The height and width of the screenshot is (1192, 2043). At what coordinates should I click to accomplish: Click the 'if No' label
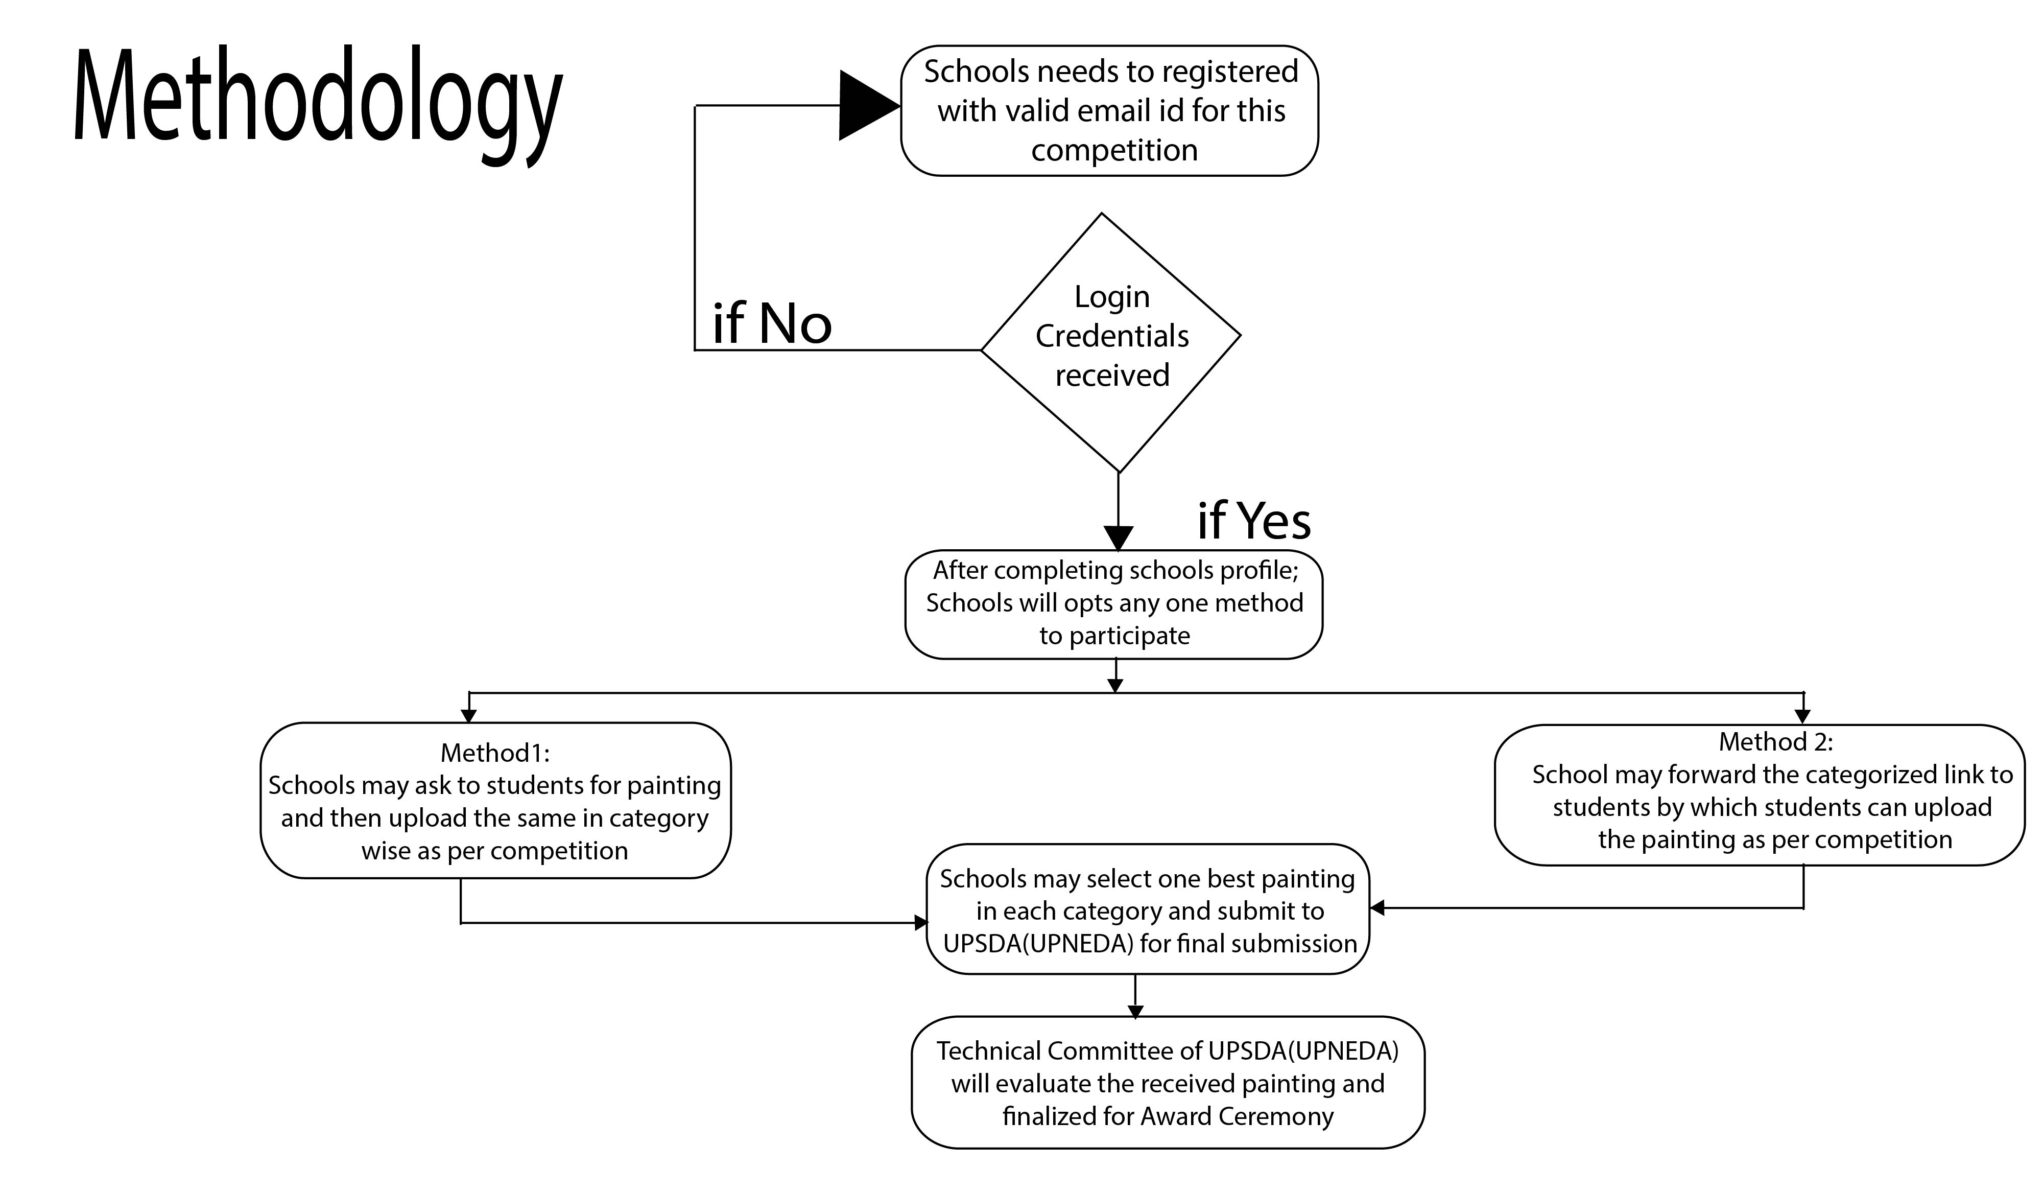(772, 323)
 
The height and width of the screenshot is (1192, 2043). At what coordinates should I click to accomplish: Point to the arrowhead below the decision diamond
(1118, 539)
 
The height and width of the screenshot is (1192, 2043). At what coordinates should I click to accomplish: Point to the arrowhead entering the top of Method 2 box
(1802, 717)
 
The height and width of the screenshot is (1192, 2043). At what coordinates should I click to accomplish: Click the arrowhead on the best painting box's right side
(1376, 908)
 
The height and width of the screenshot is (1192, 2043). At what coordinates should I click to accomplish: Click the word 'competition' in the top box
(1114, 151)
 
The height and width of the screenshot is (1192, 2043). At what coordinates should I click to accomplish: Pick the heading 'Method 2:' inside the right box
(1775, 742)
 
